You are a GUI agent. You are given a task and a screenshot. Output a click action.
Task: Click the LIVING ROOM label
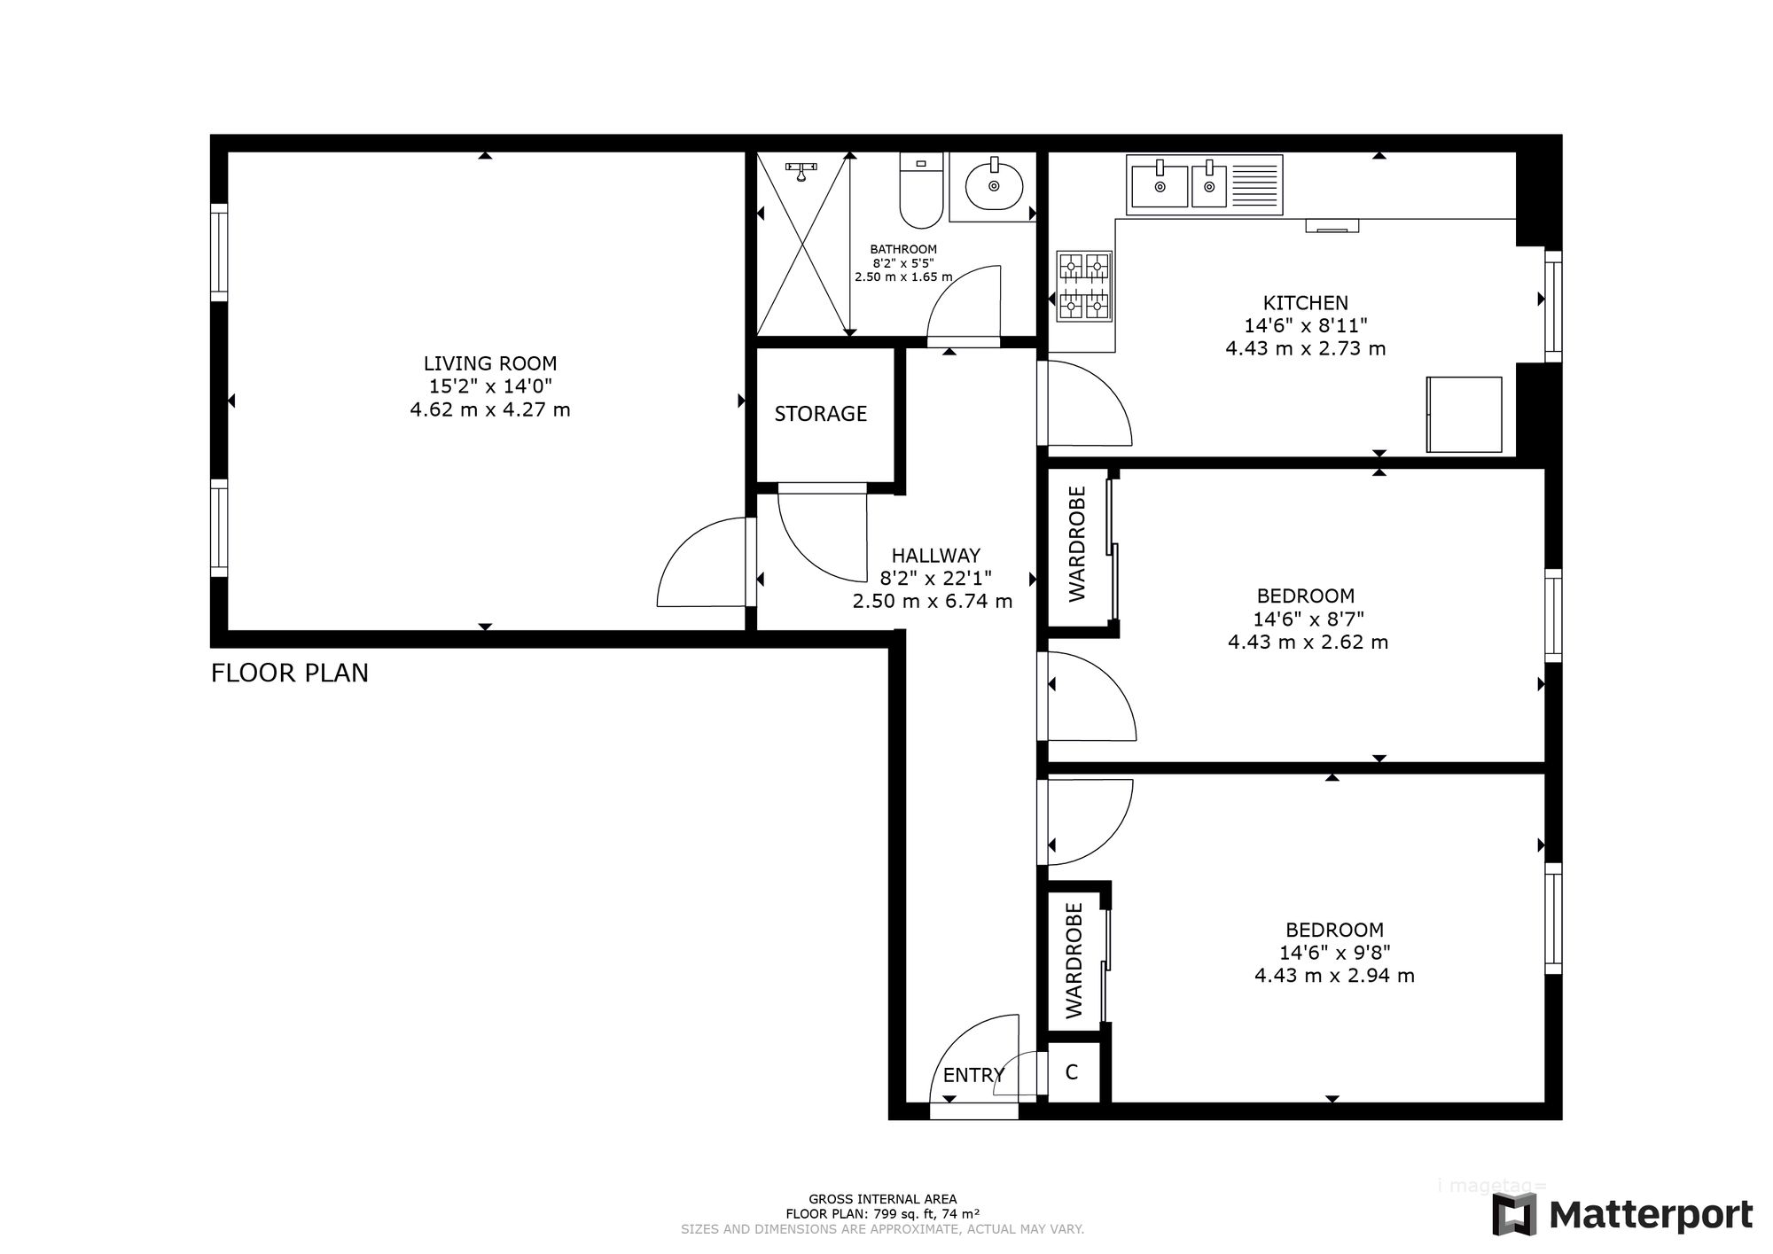(490, 363)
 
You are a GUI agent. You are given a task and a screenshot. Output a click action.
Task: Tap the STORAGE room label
(821, 414)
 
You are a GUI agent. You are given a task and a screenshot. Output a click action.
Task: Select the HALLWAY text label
(936, 556)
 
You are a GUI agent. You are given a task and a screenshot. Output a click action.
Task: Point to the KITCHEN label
(1306, 303)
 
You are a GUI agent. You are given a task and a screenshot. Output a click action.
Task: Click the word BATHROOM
(903, 250)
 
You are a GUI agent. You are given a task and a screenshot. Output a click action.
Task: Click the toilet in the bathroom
(920, 190)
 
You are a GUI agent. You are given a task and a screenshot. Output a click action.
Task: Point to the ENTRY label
(973, 1075)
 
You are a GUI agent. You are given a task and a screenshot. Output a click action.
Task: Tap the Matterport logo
(1621, 1214)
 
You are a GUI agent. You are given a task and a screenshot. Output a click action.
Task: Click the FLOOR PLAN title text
(290, 674)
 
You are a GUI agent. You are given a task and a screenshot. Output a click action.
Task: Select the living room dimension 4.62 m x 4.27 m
(490, 410)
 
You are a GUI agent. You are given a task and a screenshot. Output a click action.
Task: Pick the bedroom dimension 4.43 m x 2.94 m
(1334, 976)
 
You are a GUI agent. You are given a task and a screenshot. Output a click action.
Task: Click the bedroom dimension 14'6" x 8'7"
(1308, 619)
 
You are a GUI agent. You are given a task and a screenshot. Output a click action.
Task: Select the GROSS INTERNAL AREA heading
(883, 1199)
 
